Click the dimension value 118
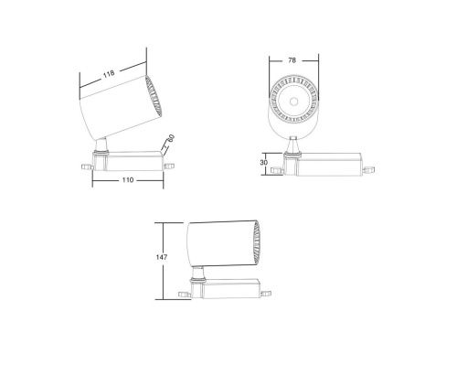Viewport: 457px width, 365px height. [108, 72]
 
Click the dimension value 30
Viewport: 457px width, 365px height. [265, 162]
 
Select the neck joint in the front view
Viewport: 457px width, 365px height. [292, 145]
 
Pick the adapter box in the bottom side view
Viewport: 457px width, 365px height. [228, 289]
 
